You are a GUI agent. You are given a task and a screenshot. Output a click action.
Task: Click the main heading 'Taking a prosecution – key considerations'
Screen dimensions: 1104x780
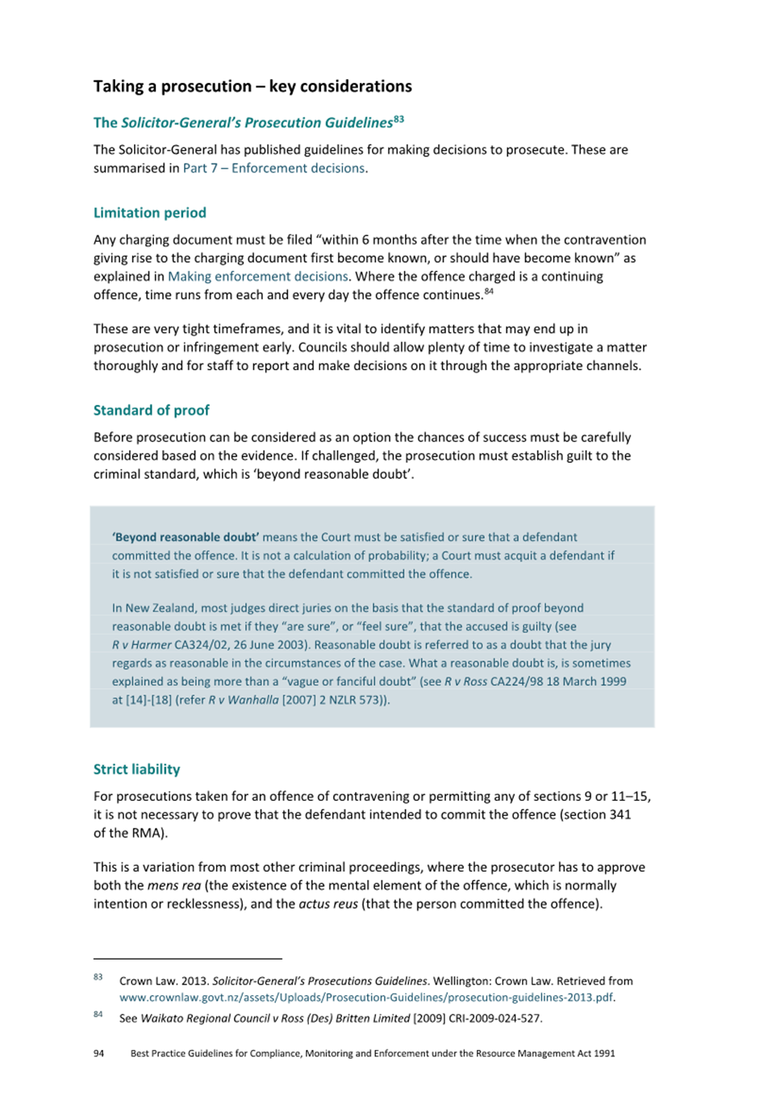[252, 86]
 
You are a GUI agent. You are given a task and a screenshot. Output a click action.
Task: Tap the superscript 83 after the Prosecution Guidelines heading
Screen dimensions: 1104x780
[398, 119]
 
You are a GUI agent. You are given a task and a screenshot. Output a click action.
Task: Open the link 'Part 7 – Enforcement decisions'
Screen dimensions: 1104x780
[273, 168]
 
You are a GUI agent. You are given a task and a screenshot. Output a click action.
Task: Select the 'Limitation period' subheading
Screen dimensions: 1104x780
[150, 213]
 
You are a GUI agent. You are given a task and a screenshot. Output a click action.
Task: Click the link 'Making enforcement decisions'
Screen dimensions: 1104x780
[258, 276]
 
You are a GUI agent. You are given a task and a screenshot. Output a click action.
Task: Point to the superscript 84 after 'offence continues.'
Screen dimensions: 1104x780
[489, 291]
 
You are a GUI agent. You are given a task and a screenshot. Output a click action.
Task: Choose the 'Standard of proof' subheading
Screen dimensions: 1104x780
[152, 410]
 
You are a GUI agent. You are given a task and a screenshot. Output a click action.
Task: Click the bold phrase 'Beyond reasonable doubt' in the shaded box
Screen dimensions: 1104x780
[186, 537]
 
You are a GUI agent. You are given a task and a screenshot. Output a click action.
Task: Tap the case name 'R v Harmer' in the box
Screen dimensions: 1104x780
[142, 644]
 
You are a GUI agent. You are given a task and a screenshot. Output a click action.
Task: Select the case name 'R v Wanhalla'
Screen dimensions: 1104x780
[244, 700]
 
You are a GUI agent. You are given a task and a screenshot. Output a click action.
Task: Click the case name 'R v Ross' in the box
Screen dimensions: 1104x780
[465, 681]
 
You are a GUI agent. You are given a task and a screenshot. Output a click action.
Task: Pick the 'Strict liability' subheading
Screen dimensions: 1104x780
[137, 769]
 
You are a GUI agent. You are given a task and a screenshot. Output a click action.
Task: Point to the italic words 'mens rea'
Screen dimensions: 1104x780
[174, 885]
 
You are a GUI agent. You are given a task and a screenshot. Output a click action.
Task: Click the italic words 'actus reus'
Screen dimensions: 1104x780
[328, 904]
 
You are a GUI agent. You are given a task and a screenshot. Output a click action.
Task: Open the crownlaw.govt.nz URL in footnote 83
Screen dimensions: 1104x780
[366, 998]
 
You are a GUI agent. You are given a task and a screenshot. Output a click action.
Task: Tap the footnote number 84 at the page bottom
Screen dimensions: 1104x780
[98, 1014]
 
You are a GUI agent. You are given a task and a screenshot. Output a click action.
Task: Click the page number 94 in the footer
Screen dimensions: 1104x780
[98, 1053]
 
